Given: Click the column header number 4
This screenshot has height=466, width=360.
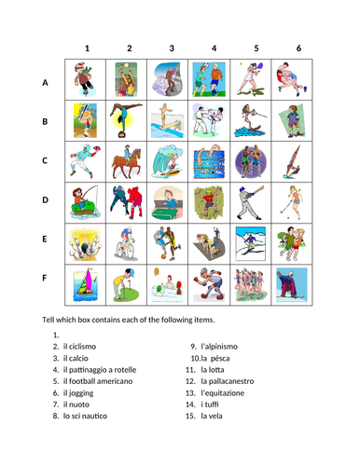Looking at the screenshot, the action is [x=214, y=48].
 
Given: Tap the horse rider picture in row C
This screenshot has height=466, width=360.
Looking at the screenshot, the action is [x=130, y=160].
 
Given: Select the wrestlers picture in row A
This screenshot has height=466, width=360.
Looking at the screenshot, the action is [x=298, y=80].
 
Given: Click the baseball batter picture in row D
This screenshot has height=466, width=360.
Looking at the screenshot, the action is [x=256, y=200].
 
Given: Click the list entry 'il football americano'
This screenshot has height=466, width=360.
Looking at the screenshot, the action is [x=107, y=381].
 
